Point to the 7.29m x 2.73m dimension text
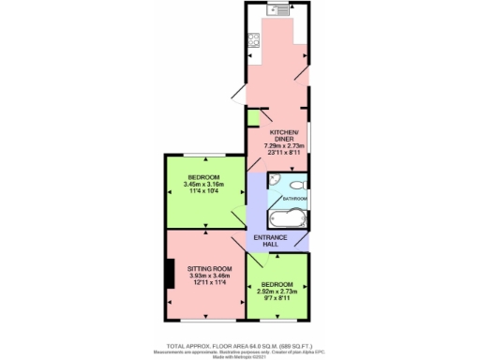coord(282,146)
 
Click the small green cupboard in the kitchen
coord(253,116)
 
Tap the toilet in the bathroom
coord(298,185)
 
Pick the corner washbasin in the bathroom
coord(275,180)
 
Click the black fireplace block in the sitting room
coord(169,275)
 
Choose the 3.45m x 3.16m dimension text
coord(203,185)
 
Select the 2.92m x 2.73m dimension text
coord(277,291)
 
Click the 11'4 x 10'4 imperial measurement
coord(203,192)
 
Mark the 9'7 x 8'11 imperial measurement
coord(277,298)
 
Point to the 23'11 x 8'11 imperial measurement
coord(282,154)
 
